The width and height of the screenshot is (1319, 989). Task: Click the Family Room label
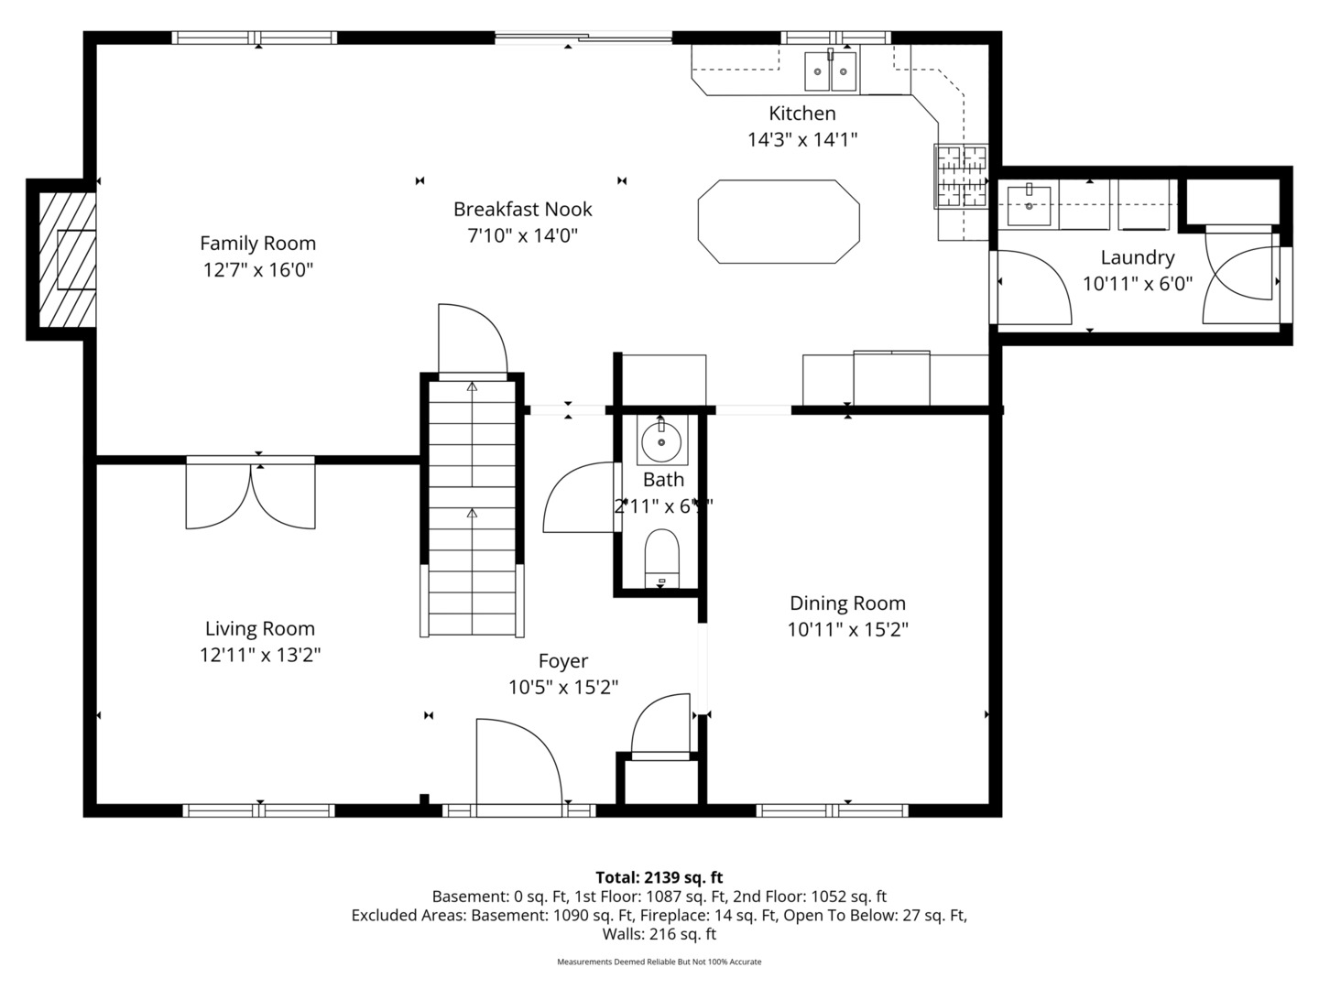[x=257, y=244]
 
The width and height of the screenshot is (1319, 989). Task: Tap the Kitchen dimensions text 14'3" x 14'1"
[x=802, y=140]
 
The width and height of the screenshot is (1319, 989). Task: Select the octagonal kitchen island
[x=779, y=222]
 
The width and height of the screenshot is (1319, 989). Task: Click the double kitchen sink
[x=831, y=71]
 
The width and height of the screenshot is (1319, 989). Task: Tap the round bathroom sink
[x=661, y=441]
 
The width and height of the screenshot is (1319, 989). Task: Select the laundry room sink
[x=1031, y=204]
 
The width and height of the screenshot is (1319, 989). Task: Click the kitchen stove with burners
[x=961, y=176]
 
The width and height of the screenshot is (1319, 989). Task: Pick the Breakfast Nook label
[x=523, y=210]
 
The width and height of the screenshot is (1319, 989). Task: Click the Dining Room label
[x=847, y=603]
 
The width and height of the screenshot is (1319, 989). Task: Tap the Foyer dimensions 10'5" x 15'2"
[x=563, y=688]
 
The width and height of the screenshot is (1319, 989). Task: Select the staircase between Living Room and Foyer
[x=472, y=508]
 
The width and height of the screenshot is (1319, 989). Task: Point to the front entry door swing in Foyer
[x=518, y=765]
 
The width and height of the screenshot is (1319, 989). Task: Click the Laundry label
[x=1137, y=258]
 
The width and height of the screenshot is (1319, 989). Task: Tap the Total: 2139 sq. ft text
[x=659, y=877]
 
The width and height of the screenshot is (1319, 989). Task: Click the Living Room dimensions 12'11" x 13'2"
[x=260, y=656]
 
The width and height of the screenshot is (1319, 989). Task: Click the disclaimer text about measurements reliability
[x=659, y=962]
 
